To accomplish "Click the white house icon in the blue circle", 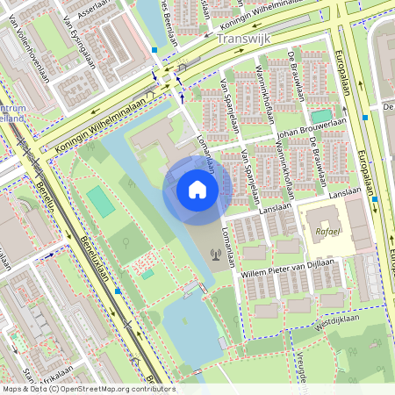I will [x=197, y=190].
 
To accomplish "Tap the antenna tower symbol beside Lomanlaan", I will [x=215, y=256].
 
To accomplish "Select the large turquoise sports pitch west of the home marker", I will [x=101, y=202].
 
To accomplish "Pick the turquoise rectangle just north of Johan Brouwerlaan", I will [x=321, y=116].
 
